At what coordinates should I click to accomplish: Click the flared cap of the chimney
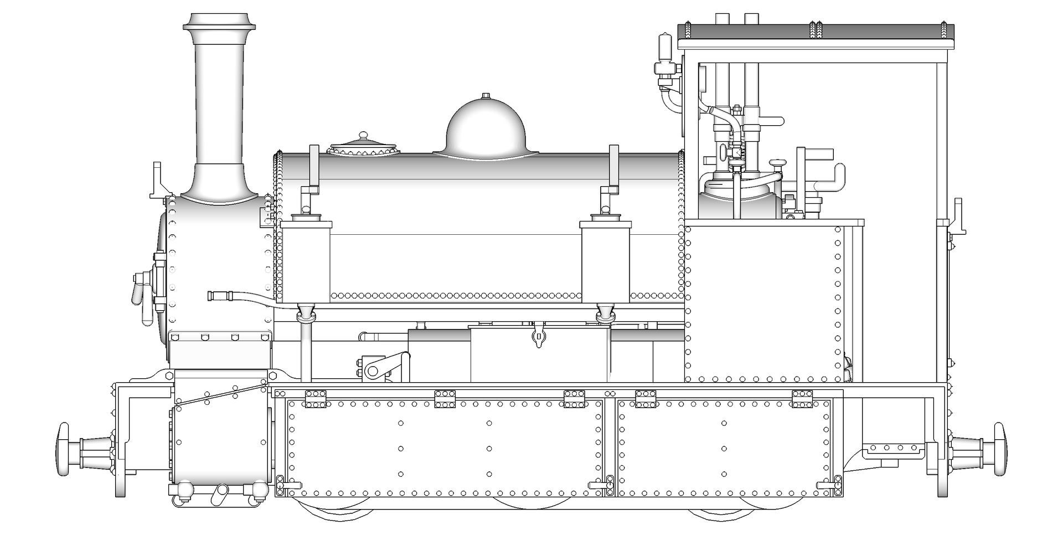[x=219, y=21]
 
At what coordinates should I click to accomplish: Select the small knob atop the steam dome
[x=486, y=96]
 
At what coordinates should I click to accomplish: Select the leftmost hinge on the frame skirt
[x=316, y=399]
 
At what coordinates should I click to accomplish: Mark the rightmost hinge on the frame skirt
[x=802, y=399]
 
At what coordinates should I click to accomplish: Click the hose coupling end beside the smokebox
[x=217, y=295]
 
